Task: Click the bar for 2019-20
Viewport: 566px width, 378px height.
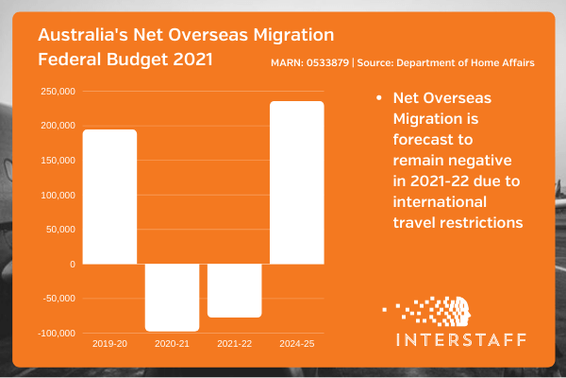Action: (109, 197)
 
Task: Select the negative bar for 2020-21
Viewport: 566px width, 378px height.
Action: (172, 297)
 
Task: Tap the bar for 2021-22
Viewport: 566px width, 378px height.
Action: (234, 290)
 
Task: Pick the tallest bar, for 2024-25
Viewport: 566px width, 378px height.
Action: (296, 182)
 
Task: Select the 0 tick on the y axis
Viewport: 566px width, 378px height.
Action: (72, 264)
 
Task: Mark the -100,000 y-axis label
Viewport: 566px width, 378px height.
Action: (56, 334)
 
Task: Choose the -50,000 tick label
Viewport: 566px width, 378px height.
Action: (58, 299)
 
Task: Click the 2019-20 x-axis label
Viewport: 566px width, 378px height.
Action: (109, 344)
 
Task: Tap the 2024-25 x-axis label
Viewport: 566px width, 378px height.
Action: (296, 344)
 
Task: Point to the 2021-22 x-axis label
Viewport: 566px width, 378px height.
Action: (234, 344)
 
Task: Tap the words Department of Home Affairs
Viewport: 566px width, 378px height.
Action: (481, 63)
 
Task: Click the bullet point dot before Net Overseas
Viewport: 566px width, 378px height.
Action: (377, 98)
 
